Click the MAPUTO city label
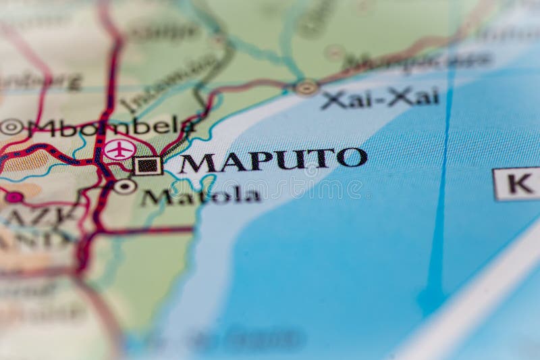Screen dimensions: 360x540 273,161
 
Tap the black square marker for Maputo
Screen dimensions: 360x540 147,165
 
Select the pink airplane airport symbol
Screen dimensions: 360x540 119,149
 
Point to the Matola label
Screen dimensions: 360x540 200,197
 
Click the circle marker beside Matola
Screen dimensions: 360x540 124,186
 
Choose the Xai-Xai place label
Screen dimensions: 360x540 380,97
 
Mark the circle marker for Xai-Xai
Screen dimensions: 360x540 306,87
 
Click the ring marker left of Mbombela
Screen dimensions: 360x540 11,126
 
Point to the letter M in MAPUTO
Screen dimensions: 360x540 198,163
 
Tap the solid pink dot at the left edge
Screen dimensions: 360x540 13,197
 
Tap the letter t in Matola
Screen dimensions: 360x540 196,196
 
